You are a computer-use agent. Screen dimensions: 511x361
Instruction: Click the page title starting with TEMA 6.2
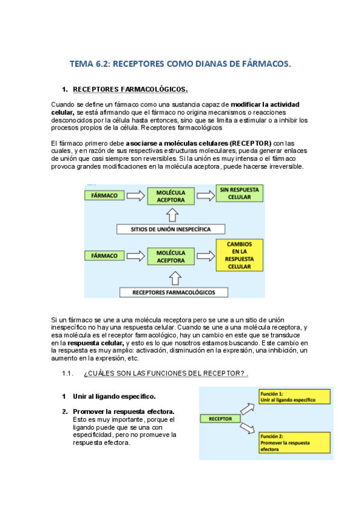[x=180, y=63]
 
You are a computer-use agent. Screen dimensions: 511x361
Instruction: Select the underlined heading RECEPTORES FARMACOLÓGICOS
[x=130, y=90]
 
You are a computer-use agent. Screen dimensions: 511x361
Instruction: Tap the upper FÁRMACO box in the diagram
[x=104, y=196]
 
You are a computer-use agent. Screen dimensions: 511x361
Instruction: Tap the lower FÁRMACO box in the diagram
[x=104, y=255]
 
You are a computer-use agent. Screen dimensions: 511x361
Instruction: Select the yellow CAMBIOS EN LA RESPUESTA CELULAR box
[x=239, y=258]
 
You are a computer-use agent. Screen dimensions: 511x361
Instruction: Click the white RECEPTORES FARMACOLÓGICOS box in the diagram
[x=174, y=292]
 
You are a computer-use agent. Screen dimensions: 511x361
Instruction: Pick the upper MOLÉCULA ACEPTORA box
[x=171, y=196]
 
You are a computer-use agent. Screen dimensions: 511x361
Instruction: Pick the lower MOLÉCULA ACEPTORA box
[x=171, y=257]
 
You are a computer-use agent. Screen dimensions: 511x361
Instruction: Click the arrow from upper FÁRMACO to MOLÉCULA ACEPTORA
[x=136, y=196]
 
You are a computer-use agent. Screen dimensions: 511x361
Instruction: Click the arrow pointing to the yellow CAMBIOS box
[x=205, y=257]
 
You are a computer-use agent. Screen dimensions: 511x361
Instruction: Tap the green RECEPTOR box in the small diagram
[x=221, y=418]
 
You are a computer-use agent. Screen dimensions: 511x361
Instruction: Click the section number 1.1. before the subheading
[x=67, y=374]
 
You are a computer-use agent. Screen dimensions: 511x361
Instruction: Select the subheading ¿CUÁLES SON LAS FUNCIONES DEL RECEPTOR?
[x=166, y=374]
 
